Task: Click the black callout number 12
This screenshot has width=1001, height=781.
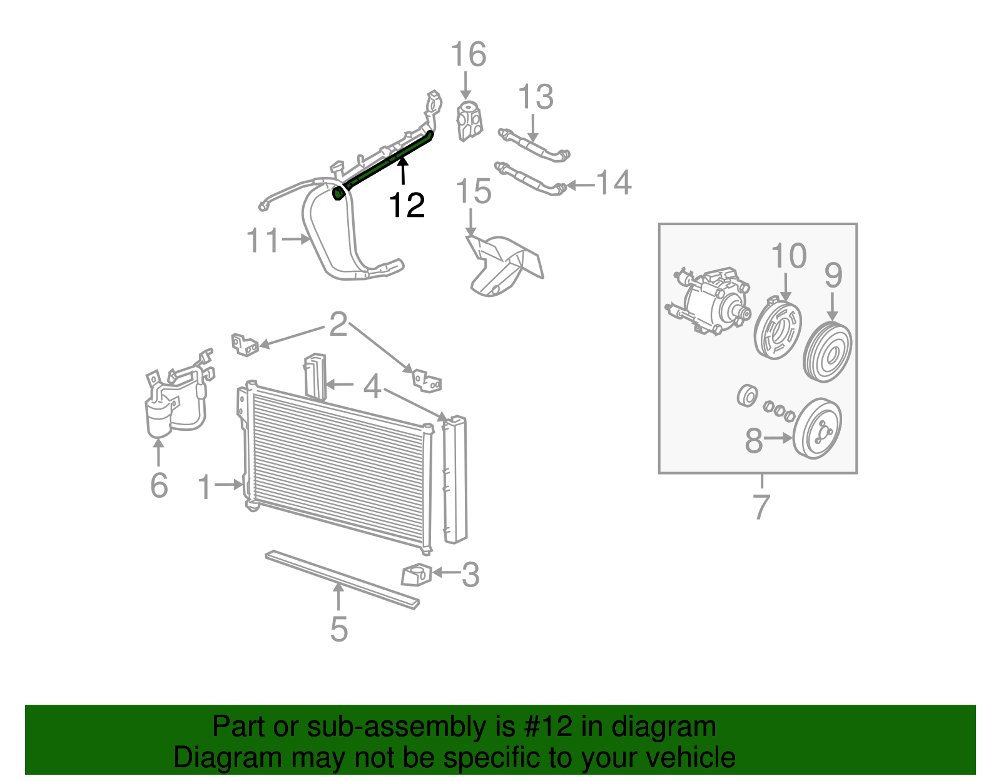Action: (x=407, y=205)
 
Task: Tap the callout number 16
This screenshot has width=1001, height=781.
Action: (x=468, y=54)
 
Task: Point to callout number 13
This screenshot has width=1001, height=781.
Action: (x=536, y=97)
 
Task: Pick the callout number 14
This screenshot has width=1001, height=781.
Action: (x=613, y=183)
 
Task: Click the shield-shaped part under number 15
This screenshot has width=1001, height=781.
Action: (x=500, y=266)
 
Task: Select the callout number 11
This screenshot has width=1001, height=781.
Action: (x=262, y=240)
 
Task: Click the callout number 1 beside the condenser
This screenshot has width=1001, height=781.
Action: (x=205, y=487)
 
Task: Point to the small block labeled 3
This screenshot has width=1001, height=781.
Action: (x=415, y=575)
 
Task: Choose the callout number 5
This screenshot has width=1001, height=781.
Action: (x=338, y=628)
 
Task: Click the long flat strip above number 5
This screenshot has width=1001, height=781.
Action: (x=341, y=579)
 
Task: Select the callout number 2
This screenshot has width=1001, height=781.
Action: (x=338, y=325)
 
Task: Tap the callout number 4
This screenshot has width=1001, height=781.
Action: (x=372, y=386)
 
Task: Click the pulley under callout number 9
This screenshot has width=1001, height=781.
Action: (x=827, y=352)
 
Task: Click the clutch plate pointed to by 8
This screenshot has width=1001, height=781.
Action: (x=816, y=429)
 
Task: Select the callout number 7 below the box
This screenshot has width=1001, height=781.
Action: (x=761, y=506)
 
